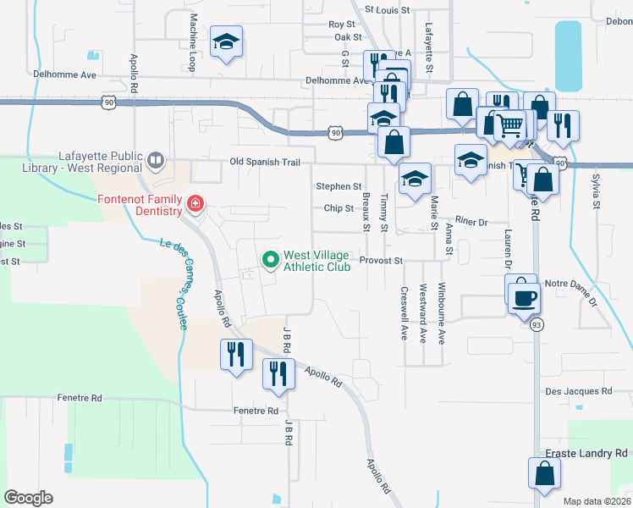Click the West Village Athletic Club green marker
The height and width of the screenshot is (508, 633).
[x=271, y=259]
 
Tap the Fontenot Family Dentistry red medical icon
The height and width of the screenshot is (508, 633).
[x=195, y=204]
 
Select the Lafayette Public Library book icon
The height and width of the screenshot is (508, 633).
[x=156, y=159]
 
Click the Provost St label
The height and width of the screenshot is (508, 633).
[x=380, y=261]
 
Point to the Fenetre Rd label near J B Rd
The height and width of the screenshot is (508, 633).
[x=256, y=411]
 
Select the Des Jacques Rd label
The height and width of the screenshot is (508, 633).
[x=578, y=391]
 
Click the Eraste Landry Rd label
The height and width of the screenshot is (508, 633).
[x=586, y=454]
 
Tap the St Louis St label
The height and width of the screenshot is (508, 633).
[x=387, y=9]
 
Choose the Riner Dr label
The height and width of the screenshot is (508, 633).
[x=471, y=221]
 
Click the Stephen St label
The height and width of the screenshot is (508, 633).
[x=339, y=186]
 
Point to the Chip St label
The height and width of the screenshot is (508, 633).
[x=338, y=208]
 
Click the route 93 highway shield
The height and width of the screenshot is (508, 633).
[x=536, y=324]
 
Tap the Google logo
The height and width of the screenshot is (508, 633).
[x=29, y=497]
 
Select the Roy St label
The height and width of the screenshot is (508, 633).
[x=341, y=25]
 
